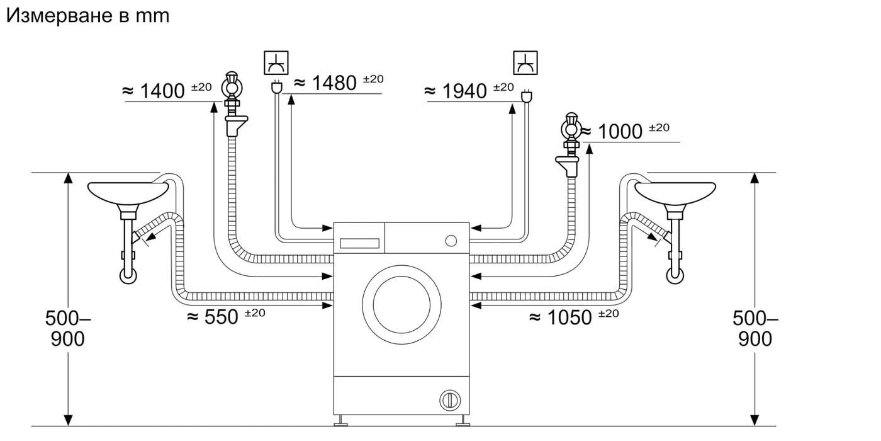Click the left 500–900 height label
(x=68, y=328)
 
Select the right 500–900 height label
(x=755, y=328)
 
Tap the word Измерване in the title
(x=60, y=16)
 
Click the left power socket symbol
(x=276, y=62)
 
